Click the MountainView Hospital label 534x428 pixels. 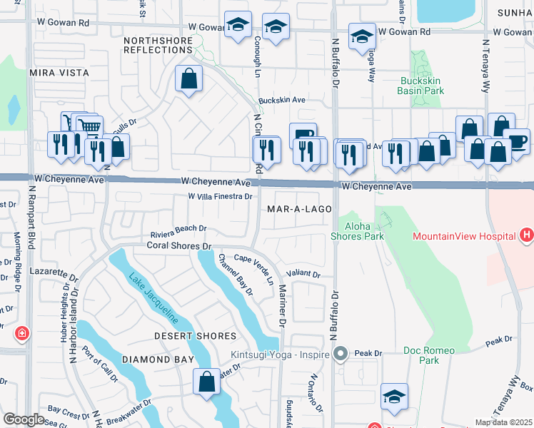click(x=464, y=236)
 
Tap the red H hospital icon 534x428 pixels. click(x=527, y=235)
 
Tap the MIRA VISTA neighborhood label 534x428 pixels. click(x=59, y=73)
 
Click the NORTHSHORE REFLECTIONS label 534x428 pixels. click(x=158, y=46)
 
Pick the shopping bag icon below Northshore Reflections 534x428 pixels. click(x=188, y=79)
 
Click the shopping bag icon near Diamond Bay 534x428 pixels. click(x=206, y=381)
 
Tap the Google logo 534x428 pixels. click(x=24, y=419)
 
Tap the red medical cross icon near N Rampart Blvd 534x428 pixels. click(x=22, y=333)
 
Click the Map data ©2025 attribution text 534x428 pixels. click(x=503, y=422)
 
